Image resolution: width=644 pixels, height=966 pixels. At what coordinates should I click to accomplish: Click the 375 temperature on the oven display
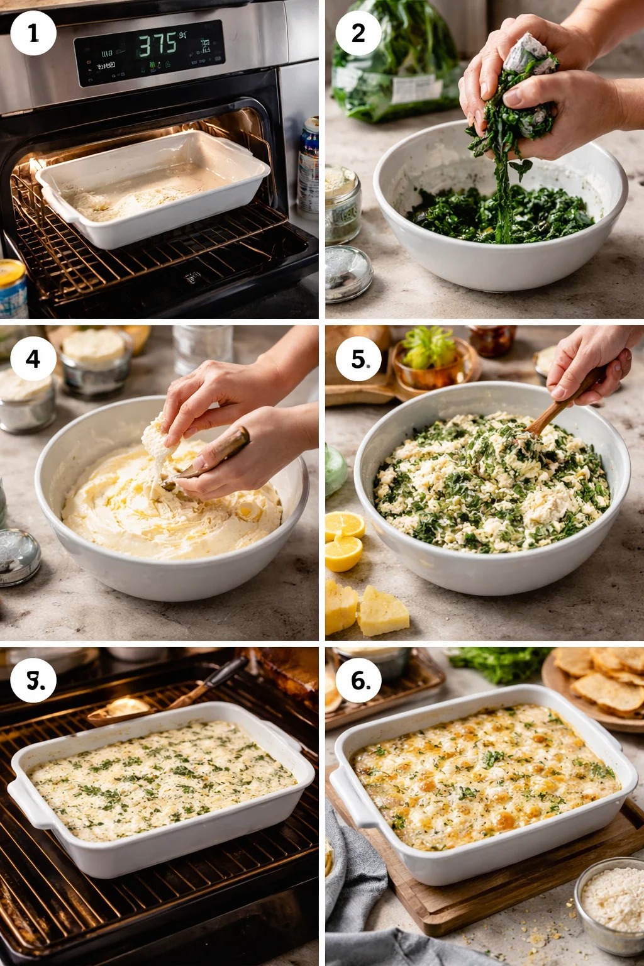point(157,45)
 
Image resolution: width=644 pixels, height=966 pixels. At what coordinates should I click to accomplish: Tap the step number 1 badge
point(33,33)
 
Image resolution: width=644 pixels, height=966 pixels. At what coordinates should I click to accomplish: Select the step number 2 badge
point(358,33)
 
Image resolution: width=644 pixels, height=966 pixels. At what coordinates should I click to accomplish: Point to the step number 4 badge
point(33,359)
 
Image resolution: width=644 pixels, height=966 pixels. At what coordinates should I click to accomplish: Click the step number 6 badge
point(359,680)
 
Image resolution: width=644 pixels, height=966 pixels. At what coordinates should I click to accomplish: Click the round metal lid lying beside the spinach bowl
point(348,273)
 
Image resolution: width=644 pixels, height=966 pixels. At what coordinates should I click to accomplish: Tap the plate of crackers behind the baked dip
point(597,686)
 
